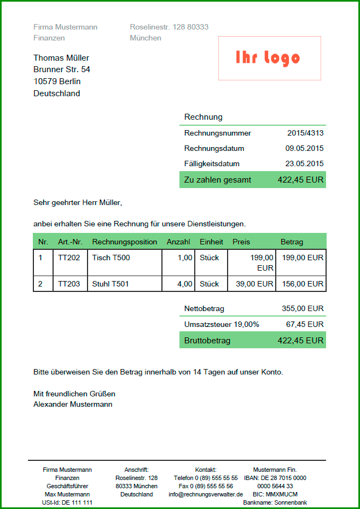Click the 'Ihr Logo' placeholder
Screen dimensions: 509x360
tap(268, 58)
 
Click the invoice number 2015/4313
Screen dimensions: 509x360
tap(305, 133)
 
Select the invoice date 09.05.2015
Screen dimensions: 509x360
tap(304, 148)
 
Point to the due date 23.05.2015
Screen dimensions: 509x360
tap(304, 163)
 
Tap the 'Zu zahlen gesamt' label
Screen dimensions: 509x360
tap(218, 180)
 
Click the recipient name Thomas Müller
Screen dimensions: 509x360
tap(61, 58)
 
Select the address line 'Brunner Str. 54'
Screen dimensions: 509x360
tap(62, 69)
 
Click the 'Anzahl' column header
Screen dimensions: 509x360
tap(178, 242)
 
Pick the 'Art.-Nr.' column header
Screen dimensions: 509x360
tap(70, 242)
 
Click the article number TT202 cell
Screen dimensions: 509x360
tap(69, 258)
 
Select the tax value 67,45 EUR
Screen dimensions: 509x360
tap(305, 324)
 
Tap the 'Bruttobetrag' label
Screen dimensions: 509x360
tap(207, 340)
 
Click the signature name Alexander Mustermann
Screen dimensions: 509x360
tap(73, 404)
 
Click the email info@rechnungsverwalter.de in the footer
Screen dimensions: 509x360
tap(206, 494)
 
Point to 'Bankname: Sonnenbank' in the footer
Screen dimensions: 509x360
tap(275, 502)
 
